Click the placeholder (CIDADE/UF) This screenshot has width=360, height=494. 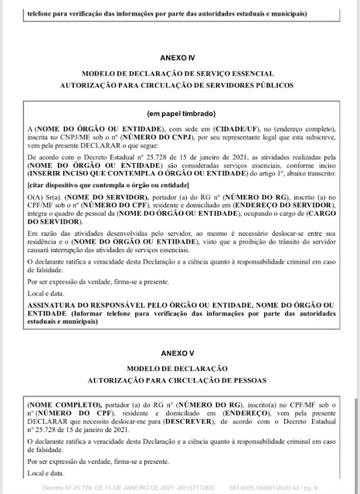208,128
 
